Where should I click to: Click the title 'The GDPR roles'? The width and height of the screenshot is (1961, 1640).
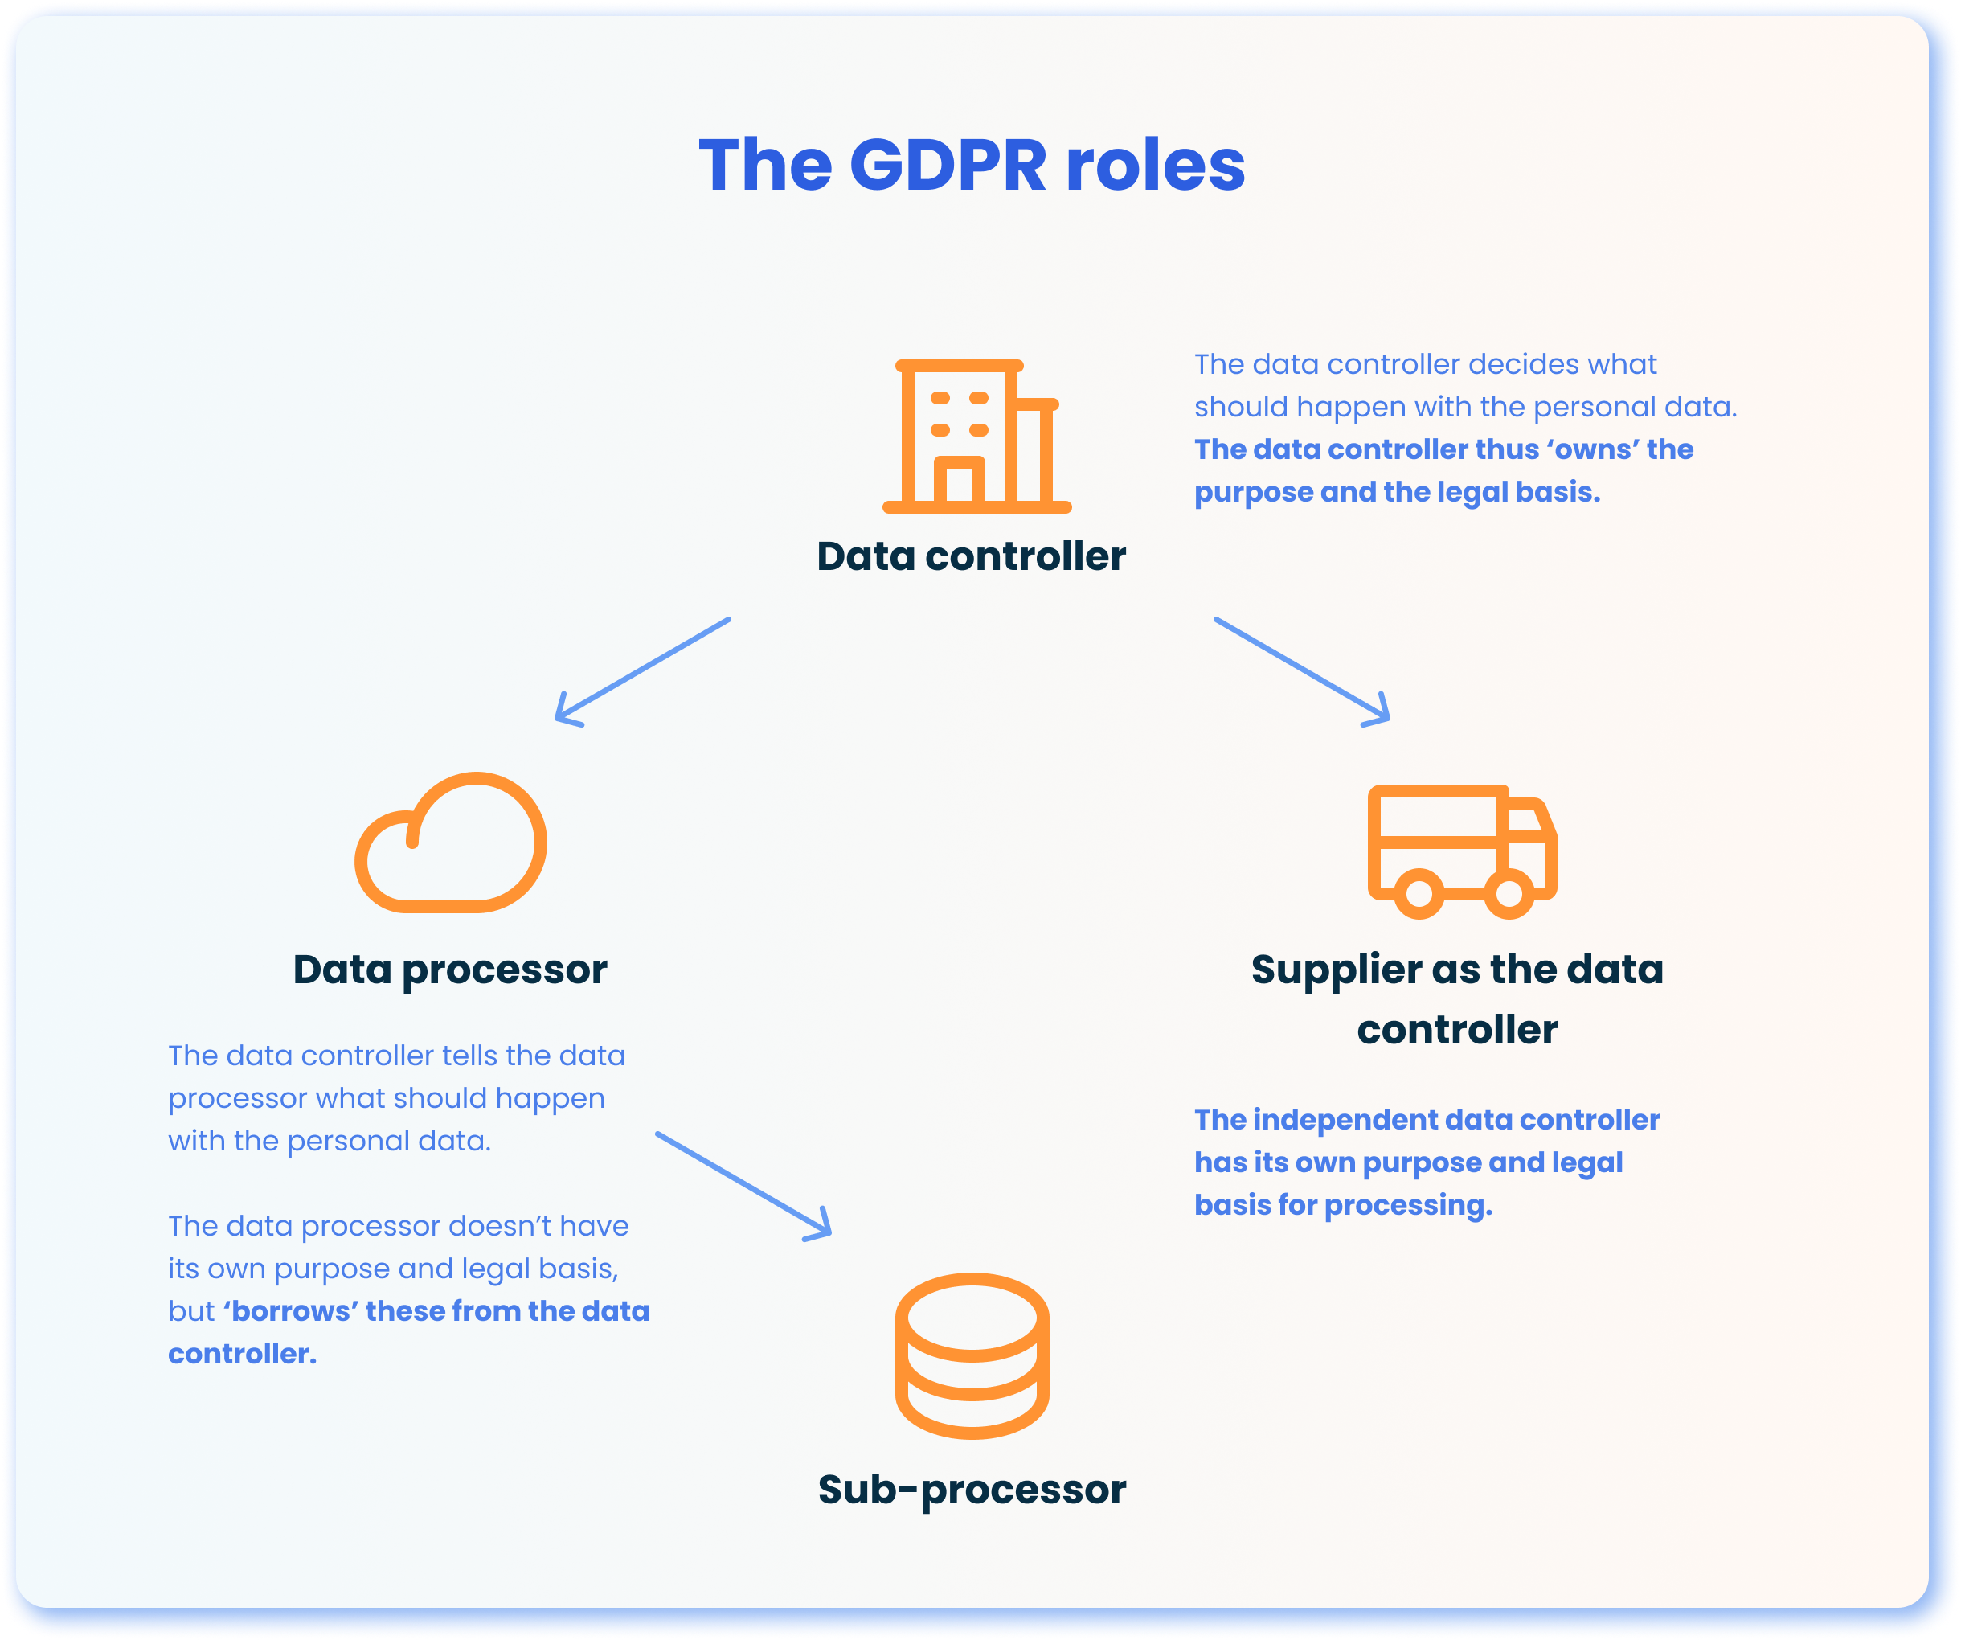(x=971, y=166)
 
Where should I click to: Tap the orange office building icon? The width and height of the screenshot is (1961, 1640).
(x=976, y=437)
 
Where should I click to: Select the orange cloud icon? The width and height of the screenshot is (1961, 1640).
(x=451, y=843)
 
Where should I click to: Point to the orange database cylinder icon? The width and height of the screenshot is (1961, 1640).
(x=972, y=1355)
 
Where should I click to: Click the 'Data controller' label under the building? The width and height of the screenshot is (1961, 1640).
(x=971, y=556)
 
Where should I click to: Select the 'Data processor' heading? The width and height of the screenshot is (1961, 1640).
(x=450, y=970)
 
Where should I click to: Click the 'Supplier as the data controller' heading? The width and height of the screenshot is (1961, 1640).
(x=1457, y=999)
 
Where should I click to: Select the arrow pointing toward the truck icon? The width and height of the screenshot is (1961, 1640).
(x=1303, y=670)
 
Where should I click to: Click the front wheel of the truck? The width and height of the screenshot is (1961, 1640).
(x=1509, y=894)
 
